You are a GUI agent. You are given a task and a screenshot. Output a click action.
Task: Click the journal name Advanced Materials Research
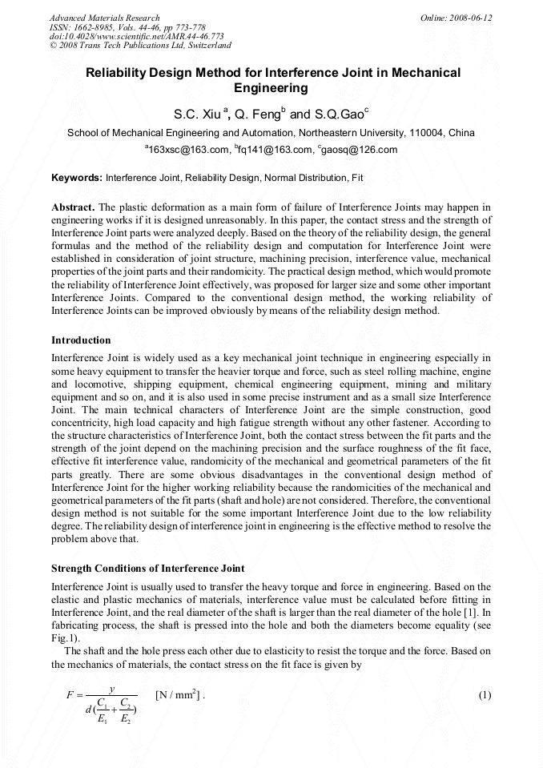tap(105, 18)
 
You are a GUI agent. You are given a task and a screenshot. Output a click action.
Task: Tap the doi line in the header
tap(136, 36)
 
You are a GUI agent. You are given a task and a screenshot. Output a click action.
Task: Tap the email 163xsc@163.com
tap(185, 150)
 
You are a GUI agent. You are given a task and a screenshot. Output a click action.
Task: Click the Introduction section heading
tap(82, 340)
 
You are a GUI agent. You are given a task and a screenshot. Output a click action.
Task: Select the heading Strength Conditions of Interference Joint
tap(148, 569)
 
